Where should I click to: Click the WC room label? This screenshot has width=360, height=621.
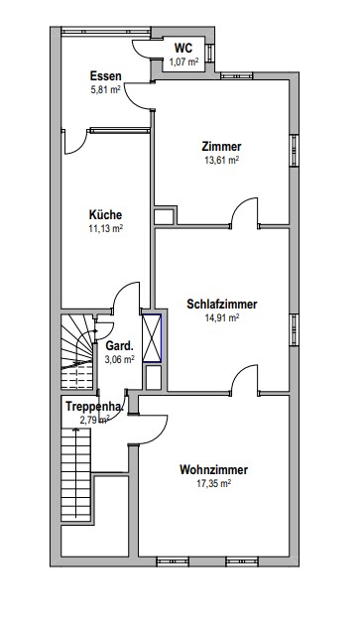tap(183, 49)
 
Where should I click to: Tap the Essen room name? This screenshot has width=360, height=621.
tap(105, 75)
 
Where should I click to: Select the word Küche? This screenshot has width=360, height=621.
tap(105, 214)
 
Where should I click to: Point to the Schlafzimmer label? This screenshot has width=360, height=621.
tap(222, 305)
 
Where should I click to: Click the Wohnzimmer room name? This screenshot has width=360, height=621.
tap(214, 469)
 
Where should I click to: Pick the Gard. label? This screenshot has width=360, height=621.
tap(120, 346)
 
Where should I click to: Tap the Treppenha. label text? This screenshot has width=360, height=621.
tap(94, 407)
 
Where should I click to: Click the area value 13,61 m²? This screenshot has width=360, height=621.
tap(222, 160)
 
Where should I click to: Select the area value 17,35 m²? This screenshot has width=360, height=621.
tap(214, 483)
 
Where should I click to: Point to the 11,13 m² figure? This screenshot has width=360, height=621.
tap(105, 228)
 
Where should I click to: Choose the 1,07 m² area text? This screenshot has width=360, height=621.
tap(183, 62)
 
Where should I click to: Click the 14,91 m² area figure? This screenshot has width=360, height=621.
tap(222, 317)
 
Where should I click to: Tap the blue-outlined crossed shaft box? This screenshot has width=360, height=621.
tap(152, 338)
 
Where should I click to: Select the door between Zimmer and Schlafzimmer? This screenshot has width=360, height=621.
tap(244, 213)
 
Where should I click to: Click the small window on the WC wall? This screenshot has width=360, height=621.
tap(209, 53)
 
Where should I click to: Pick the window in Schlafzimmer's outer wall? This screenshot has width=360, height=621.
tap(294, 329)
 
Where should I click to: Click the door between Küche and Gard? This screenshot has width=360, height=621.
tap(127, 297)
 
